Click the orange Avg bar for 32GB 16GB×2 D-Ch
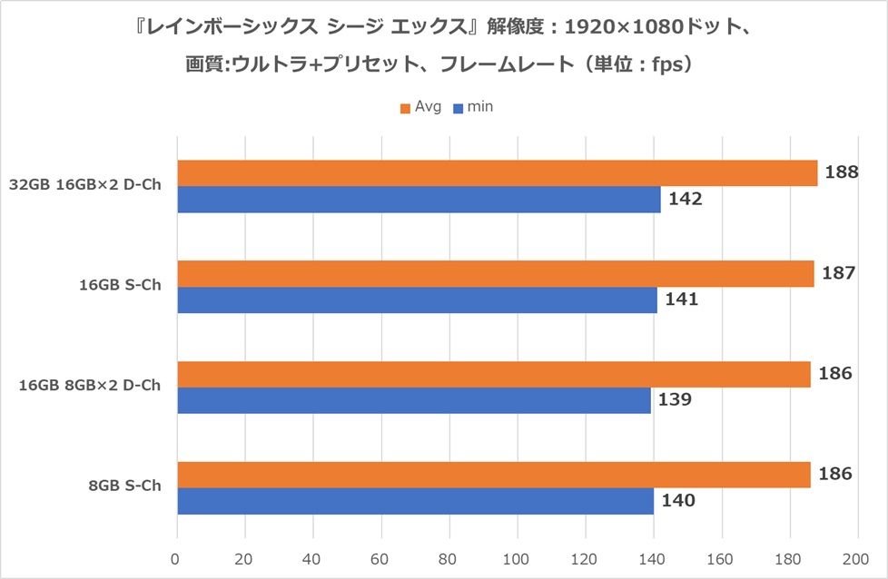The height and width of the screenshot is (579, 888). coord(497,173)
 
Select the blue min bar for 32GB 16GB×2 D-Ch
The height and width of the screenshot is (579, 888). coord(419,200)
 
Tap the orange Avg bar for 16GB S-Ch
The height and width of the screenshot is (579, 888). coord(495,273)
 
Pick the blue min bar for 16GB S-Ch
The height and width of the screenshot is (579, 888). coord(417,300)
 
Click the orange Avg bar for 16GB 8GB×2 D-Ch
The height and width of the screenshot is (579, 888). coord(493,374)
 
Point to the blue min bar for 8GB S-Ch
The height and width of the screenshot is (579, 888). coord(415,501)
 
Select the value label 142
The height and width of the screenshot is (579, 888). coord(685,199)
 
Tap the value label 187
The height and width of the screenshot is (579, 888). coord(834,272)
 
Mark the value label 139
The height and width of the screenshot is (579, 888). coord(674,399)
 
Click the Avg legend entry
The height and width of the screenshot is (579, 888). coord(420,108)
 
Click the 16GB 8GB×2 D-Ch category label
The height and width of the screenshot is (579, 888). coord(90,386)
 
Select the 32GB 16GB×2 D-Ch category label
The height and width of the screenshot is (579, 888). coord(84,185)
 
